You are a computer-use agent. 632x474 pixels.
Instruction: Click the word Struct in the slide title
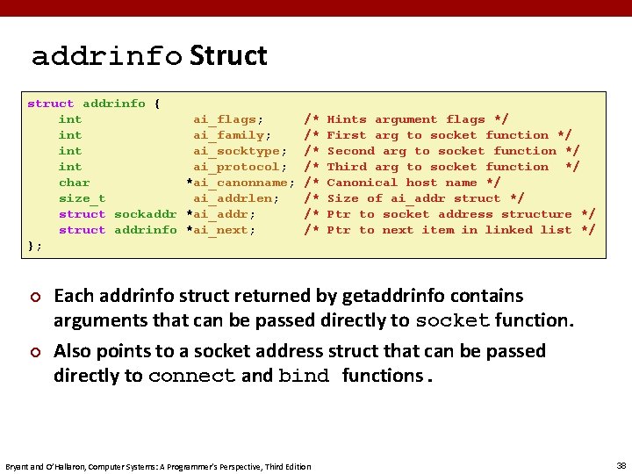(x=228, y=56)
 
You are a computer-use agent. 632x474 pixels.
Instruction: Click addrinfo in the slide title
(x=107, y=57)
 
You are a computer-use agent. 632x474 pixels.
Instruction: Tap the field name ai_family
(x=232, y=135)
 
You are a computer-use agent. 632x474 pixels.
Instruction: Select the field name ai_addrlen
(x=236, y=198)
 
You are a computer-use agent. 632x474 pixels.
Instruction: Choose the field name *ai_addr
(x=220, y=214)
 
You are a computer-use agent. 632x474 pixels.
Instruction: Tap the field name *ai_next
(x=220, y=230)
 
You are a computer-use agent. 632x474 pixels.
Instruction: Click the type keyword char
(x=75, y=183)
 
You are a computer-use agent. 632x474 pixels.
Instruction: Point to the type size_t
(x=83, y=198)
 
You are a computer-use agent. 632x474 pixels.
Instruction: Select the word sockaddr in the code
(x=146, y=214)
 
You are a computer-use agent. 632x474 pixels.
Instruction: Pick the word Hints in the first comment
(x=347, y=119)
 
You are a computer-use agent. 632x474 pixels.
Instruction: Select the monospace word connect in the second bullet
(x=191, y=377)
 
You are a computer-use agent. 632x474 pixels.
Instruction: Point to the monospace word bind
(x=304, y=377)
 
